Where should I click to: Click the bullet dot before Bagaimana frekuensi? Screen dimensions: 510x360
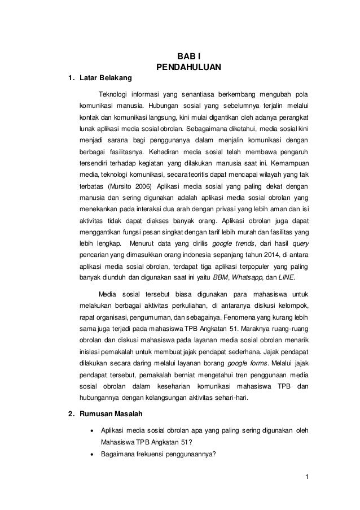pos(91,455)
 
